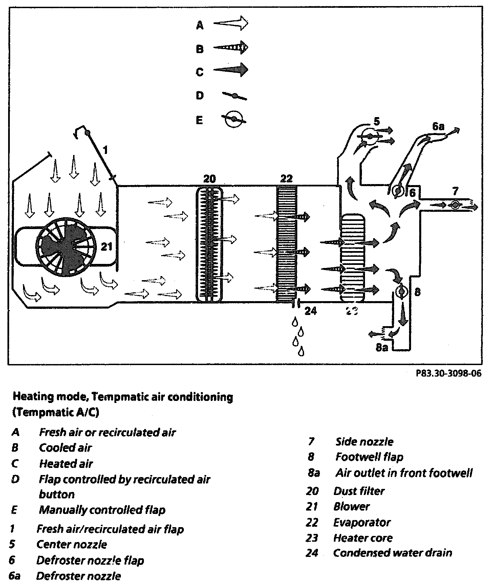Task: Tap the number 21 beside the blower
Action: point(106,247)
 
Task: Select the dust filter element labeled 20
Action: point(210,244)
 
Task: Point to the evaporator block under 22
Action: point(287,244)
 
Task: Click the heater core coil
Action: point(353,258)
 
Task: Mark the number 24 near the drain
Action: point(310,311)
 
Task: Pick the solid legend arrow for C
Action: point(231,70)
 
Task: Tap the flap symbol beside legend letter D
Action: point(234,96)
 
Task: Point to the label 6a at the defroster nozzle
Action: point(438,127)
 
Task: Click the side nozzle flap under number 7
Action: point(455,205)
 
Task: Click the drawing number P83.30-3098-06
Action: point(448,374)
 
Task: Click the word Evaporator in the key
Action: point(362,522)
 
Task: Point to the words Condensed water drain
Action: point(392,553)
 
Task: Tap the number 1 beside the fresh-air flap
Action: point(105,150)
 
